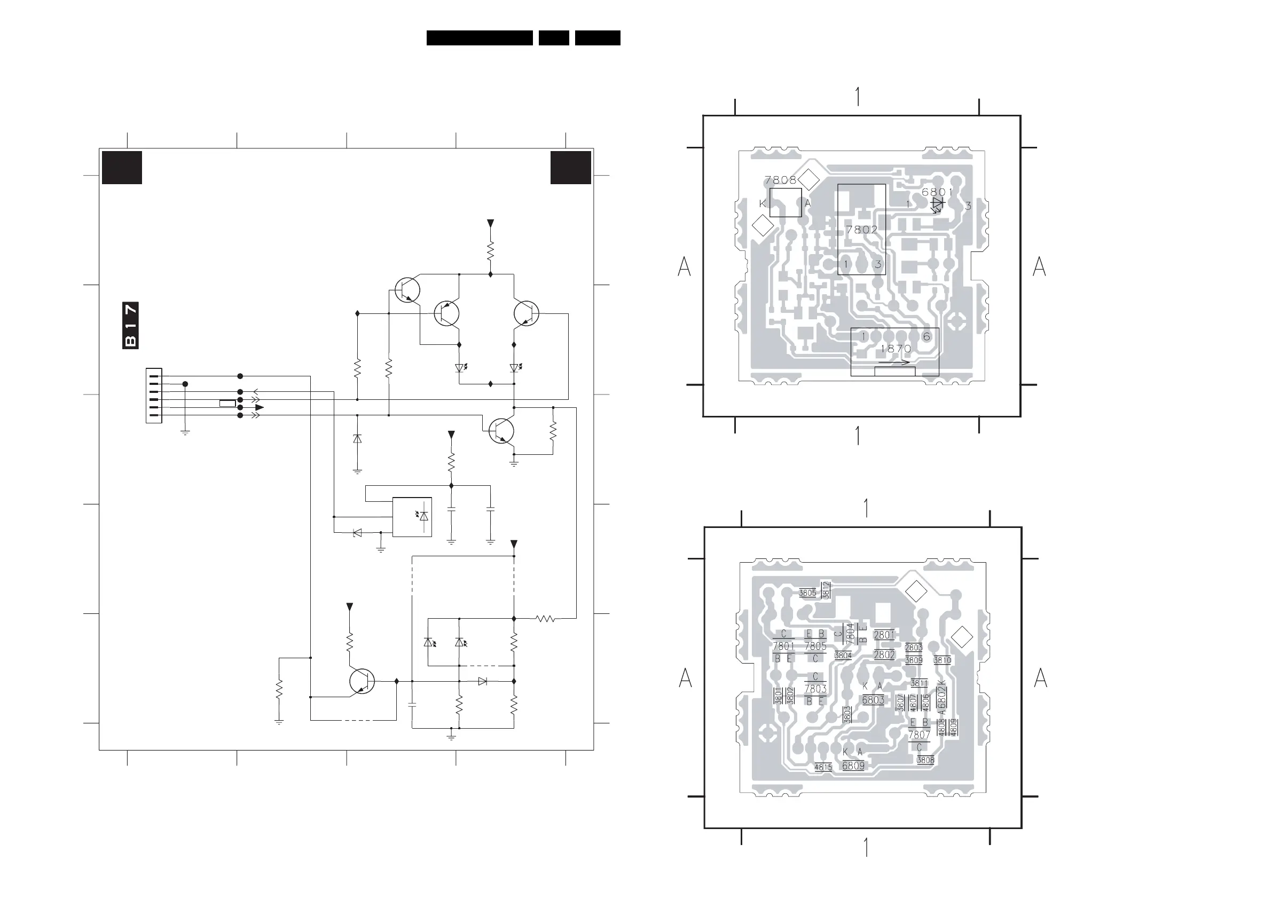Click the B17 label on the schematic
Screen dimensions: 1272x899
point(130,325)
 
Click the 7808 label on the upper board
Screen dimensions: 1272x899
point(780,180)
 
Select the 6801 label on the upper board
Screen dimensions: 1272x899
point(937,192)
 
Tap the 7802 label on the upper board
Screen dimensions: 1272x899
point(861,230)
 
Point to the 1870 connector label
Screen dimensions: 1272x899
point(896,349)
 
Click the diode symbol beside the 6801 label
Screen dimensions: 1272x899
point(937,204)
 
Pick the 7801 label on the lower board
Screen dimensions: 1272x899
point(783,646)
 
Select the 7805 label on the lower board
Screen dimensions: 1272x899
point(815,646)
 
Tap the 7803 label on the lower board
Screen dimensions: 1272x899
point(815,689)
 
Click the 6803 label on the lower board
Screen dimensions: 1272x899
point(873,700)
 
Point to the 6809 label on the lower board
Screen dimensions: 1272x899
point(853,766)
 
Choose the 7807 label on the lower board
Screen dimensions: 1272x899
point(919,735)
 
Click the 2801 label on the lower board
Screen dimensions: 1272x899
point(884,635)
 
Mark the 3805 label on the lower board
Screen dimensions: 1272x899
point(807,593)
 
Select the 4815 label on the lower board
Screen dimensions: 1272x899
point(823,767)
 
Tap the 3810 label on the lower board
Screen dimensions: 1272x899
point(942,660)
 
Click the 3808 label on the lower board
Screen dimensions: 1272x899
point(925,760)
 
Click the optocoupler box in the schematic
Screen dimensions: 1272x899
point(412,517)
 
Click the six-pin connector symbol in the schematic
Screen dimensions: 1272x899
point(153,396)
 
